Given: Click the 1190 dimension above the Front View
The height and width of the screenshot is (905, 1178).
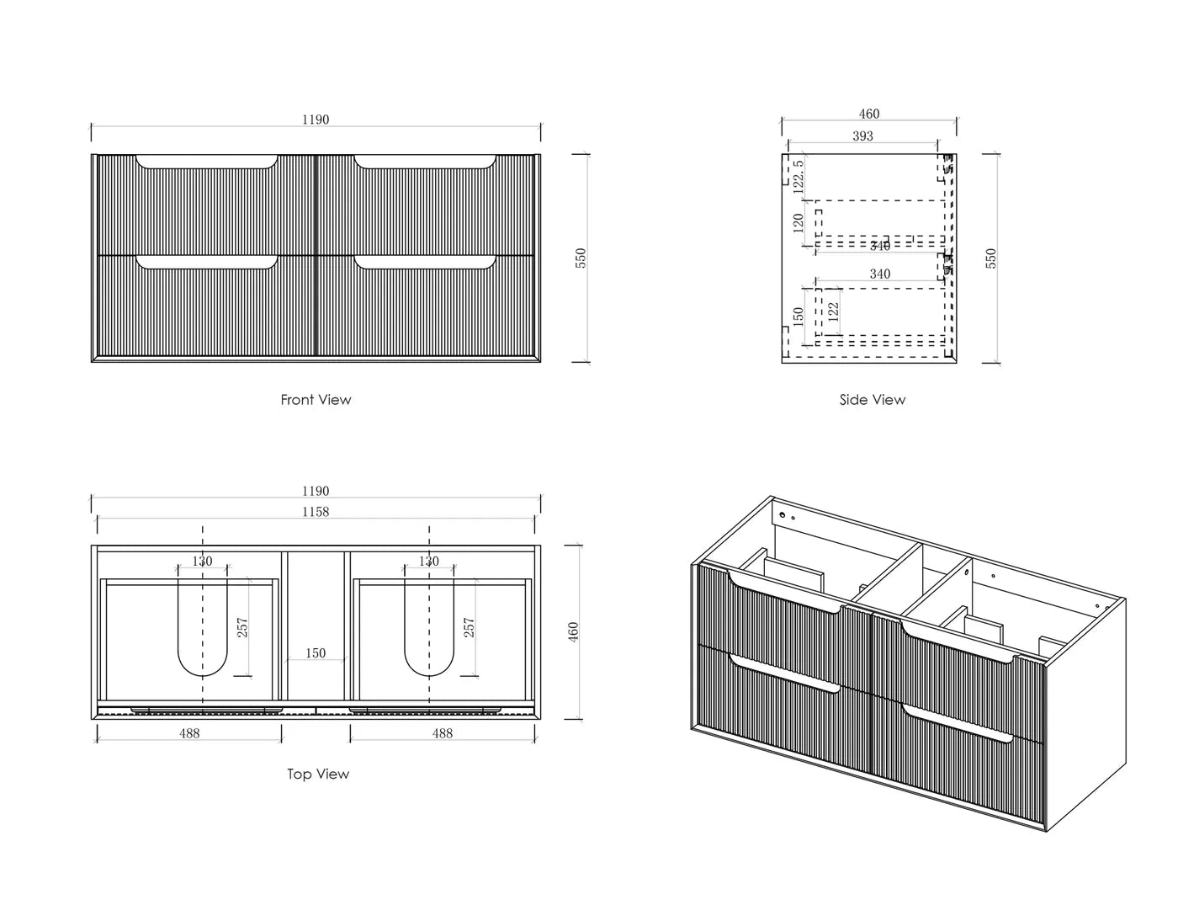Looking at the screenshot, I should click(316, 120).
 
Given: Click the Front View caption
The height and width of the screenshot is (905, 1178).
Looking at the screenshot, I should click(316, 400).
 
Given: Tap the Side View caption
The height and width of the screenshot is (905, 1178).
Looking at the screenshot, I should click(873, 400).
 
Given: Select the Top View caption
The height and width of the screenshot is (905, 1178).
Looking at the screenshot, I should click(318, 775).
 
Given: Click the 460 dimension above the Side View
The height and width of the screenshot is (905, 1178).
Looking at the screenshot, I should click(869, 114).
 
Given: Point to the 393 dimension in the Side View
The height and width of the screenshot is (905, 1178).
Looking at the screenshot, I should click(862, 136).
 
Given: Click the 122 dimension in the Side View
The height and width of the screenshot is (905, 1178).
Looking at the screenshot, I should click(833, 310).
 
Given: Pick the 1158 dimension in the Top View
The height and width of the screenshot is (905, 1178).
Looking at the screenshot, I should click(316, 512).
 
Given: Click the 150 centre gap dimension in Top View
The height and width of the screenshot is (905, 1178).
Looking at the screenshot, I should click(316, 653).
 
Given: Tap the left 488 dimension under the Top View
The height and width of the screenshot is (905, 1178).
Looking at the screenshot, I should click(189, 733).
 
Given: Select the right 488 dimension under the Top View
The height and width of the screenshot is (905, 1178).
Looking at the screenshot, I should click(443, 733).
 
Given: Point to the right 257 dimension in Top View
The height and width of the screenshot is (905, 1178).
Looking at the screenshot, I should click(470, 627).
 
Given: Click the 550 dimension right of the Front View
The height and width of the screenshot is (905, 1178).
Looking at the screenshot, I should click(581, 258).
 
